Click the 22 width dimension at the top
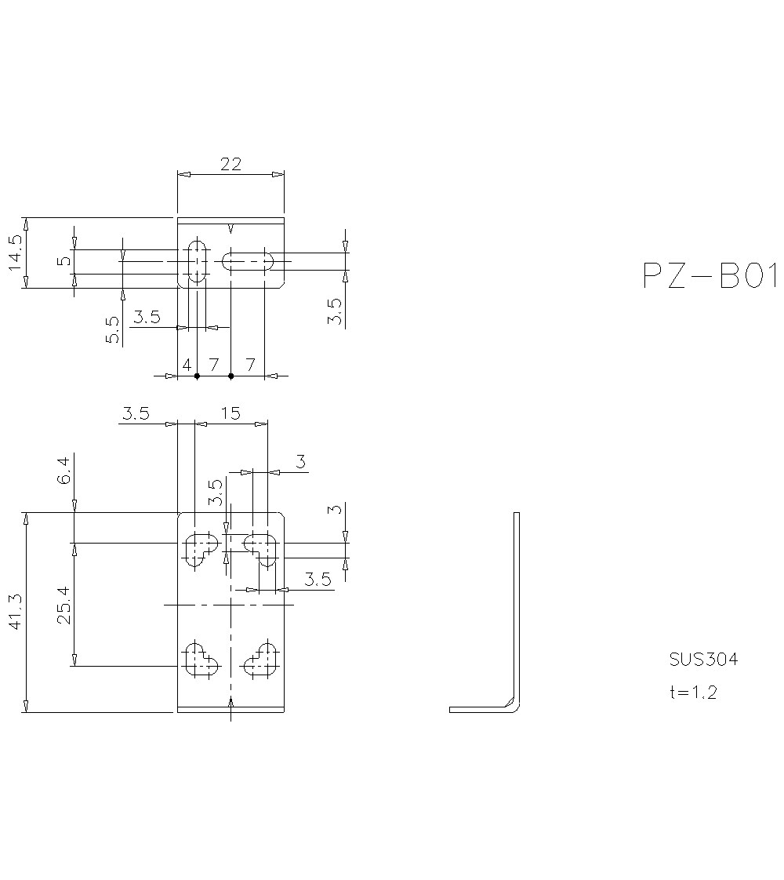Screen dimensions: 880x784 230,164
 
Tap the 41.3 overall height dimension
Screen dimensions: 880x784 16,613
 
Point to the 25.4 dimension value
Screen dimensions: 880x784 65,604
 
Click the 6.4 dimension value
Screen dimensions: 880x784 65,468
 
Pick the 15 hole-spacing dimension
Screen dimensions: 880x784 231,413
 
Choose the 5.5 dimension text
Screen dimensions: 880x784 113,329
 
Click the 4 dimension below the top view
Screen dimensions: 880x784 187,365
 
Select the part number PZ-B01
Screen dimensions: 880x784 710,276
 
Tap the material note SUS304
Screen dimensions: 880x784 703,659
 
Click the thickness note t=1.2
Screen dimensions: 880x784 692,692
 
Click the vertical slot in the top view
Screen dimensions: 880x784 197,260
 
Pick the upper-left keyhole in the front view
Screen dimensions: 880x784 200,548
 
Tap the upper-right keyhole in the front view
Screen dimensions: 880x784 260,547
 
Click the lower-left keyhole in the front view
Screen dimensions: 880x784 200,660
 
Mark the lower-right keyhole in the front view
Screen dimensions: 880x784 262,660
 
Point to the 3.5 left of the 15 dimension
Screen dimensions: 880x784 136,413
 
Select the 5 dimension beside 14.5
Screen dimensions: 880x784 65,260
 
